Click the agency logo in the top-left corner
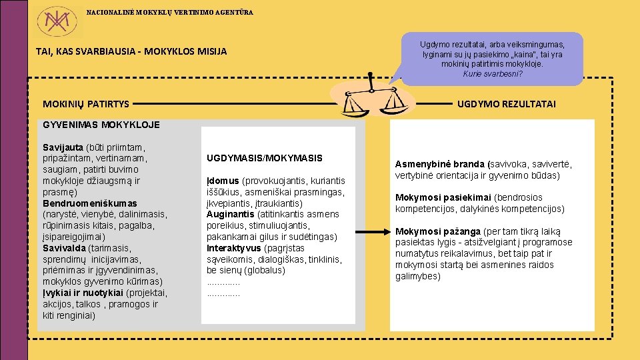point(57,21)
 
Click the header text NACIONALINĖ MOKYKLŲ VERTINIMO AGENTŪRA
point(169,13)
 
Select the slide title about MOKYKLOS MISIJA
point(131,51)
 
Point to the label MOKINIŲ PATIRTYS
point(86,104)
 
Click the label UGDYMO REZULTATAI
point(507,104)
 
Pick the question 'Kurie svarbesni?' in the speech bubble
point(493,74)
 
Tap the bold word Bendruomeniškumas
point(90,203)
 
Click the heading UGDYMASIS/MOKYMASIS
point(265,159)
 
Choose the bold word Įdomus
point(223,181)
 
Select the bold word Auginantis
point(231,215)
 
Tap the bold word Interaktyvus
point(233,248)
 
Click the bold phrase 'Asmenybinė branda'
point(440,164)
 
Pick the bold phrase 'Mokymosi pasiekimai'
point(443,198)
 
